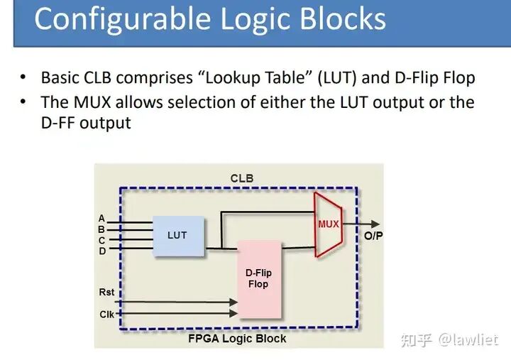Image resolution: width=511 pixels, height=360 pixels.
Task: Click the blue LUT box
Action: [177, 235]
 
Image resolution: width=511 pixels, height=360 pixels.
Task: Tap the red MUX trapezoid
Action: [328, 224]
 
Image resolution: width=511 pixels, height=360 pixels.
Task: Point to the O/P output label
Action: [373, 236]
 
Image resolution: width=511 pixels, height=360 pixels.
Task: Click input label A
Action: [101, 219]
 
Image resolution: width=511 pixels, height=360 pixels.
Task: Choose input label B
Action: [101, 229]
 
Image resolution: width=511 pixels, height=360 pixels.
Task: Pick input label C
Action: [101, 240]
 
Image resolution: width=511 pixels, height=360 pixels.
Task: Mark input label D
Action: [101, 251]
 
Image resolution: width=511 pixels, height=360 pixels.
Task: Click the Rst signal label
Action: [106, 292]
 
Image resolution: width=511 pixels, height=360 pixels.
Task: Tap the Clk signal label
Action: [106, 313]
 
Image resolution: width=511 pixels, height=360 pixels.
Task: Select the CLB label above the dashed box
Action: [242, 178]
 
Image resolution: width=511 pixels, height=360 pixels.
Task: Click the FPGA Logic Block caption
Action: [237, 338]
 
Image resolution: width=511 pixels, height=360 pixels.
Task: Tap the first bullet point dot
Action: [23, 77]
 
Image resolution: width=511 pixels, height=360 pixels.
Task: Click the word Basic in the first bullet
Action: [60, 77]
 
